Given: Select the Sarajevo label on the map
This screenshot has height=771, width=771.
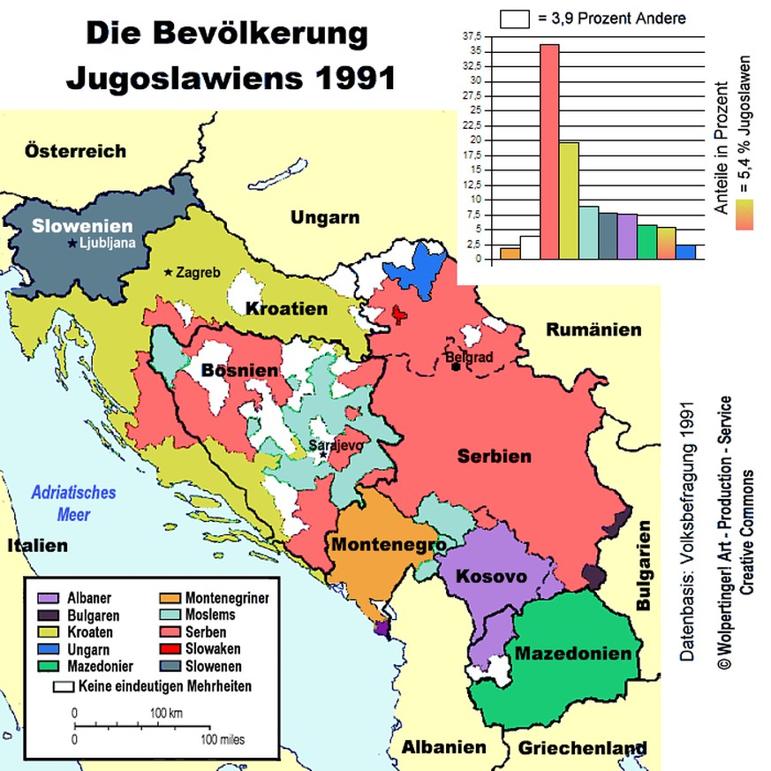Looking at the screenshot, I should tap(335, 446).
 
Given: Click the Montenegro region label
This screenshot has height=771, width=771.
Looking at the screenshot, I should tap(388, 545).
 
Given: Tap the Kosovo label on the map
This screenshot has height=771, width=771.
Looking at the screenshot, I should tap(492, 577).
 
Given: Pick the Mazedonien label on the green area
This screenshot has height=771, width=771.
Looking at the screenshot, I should tap(573, 654).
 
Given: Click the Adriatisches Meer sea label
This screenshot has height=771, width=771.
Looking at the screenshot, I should tap(73, 503).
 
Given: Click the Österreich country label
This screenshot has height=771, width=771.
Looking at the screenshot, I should tap(75, 150).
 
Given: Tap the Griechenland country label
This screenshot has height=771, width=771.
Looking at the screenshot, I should tap(582, 748).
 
